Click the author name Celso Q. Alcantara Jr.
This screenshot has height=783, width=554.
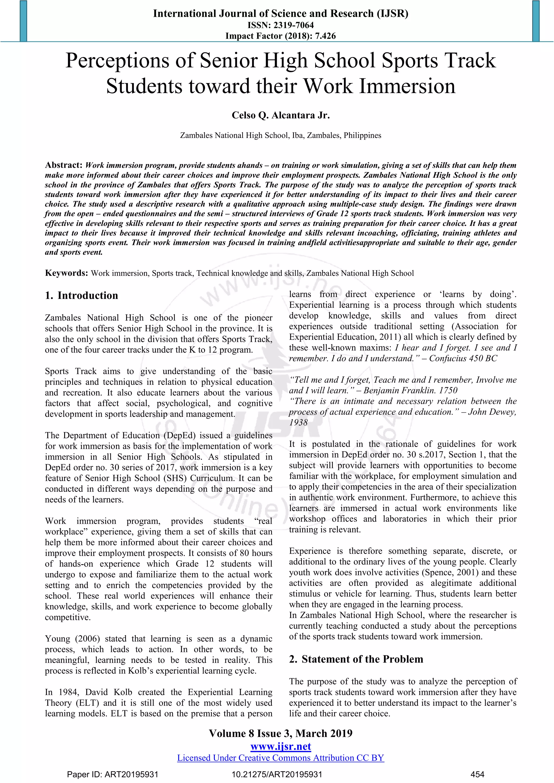[x=281, y=115]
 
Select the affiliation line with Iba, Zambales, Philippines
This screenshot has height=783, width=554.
[x=281, y=135]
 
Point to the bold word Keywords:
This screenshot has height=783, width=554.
[x=67, y=273]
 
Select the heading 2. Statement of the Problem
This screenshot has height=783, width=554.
[x=356, y=659]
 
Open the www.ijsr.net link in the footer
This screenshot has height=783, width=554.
[x=281, y=746]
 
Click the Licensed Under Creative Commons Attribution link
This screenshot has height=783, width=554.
[x=281, y=758]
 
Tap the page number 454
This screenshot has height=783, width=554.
[x=477, y=774]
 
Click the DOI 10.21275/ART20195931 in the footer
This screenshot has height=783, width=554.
[x=277, y=774]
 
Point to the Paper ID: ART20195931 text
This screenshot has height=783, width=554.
[x=113, y=774]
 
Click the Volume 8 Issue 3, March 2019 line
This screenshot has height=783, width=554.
[x=281, y=734]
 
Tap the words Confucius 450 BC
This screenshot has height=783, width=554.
[x=463, y=359]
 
